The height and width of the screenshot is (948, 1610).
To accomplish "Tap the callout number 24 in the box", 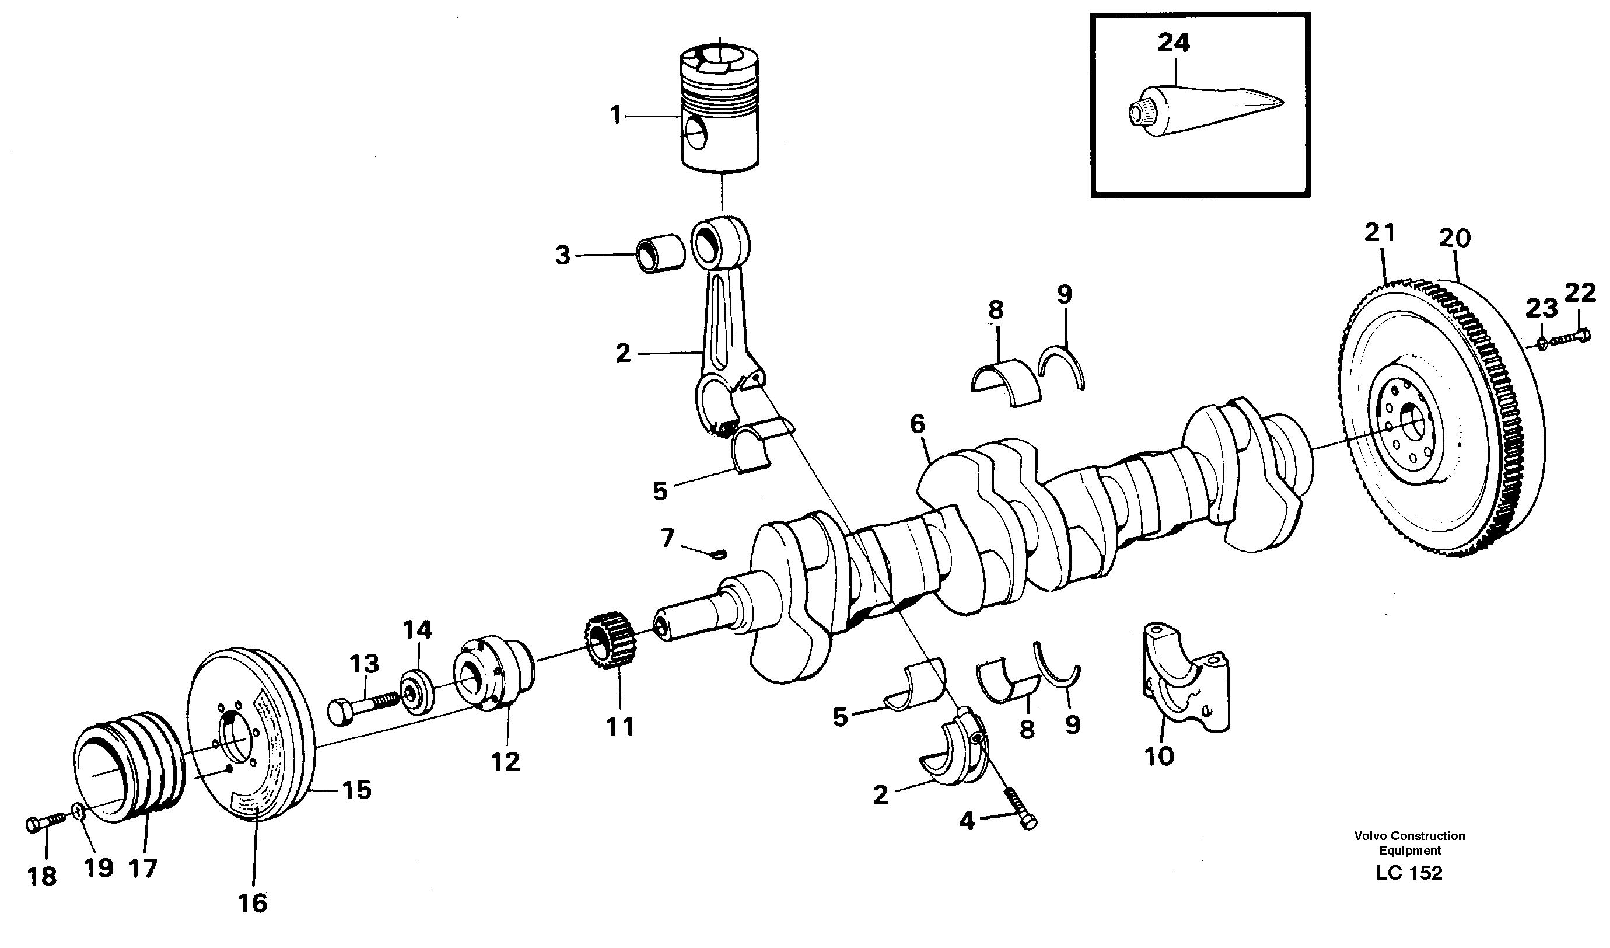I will point(1174,43).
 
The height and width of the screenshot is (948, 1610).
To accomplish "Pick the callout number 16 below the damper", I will point(252,903).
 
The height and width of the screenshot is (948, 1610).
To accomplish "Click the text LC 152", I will point(1409,873).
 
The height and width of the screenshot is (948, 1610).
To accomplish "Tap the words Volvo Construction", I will point(1409,835).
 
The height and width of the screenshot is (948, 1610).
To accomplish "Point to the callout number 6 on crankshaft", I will point(918,423).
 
